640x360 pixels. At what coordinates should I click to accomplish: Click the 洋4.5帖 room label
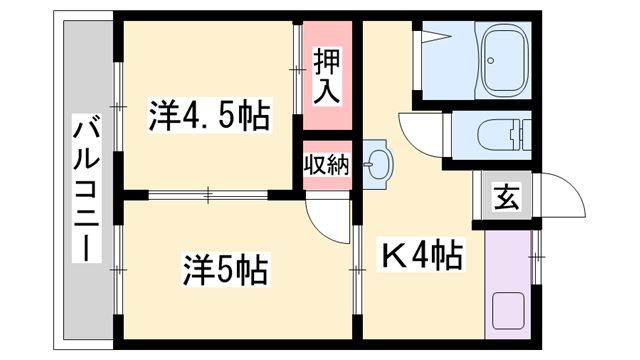209,115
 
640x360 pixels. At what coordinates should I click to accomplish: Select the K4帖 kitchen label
420,259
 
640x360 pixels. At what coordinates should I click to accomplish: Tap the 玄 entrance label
504,198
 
